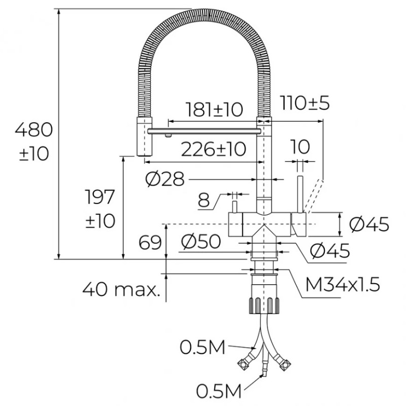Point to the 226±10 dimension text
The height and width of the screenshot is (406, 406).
pos(214,149)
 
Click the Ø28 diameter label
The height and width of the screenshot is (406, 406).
pos(164,179)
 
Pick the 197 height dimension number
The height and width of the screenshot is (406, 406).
pos(100,197)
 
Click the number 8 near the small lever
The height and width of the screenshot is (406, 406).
pos(204,200)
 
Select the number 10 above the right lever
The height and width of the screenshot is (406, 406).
pos(300,147)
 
